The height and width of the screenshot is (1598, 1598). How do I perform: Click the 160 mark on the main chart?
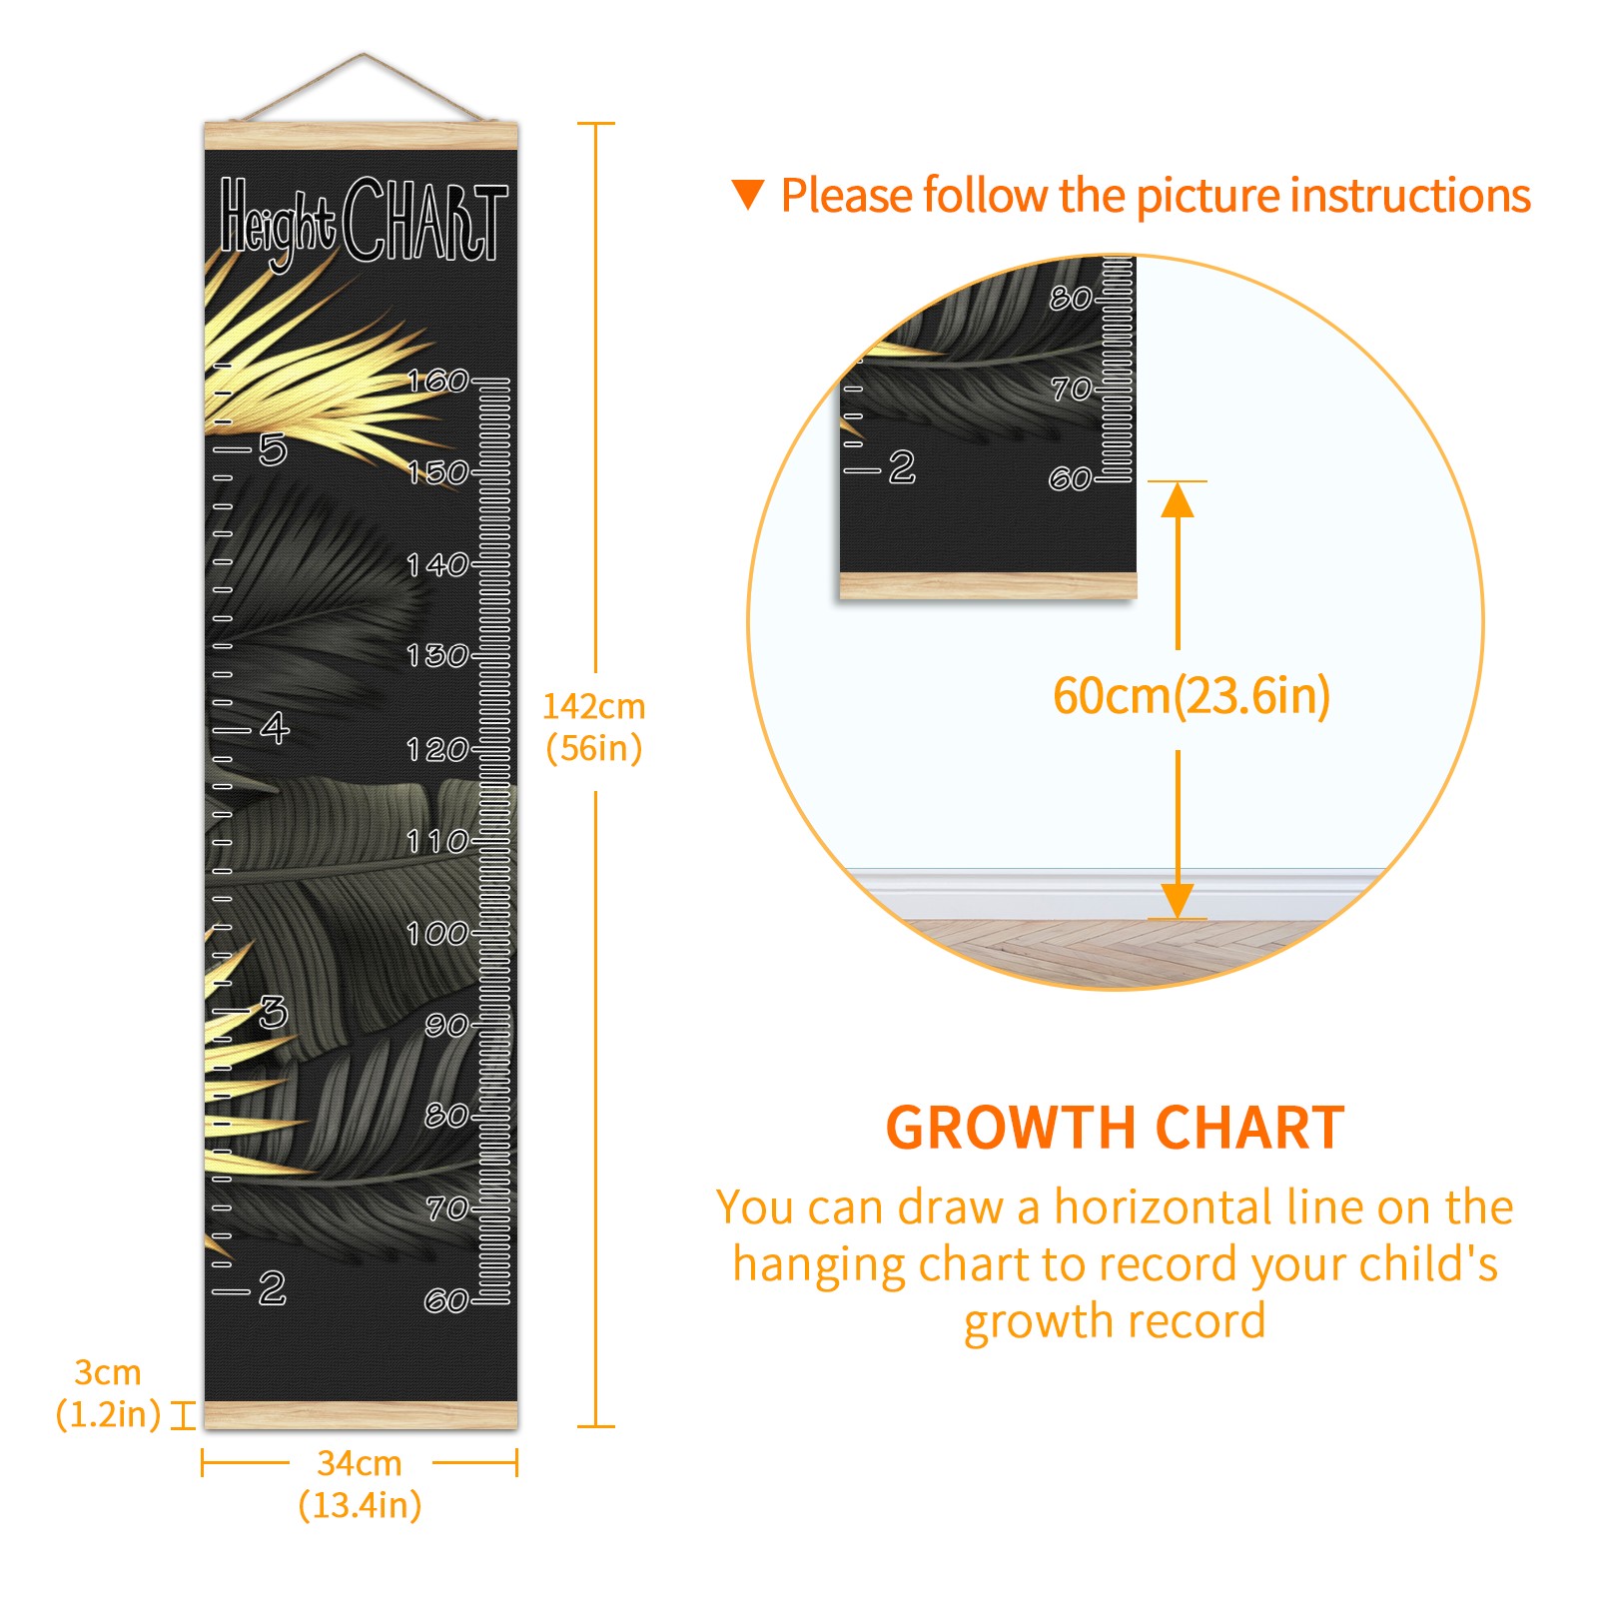(438, 381)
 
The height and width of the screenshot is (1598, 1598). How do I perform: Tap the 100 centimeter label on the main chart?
(437, 933)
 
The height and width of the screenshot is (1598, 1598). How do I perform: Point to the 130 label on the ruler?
(437, 655)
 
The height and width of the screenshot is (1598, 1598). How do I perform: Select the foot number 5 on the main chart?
(273, 449)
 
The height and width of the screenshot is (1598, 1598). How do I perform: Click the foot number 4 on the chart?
(275, 728)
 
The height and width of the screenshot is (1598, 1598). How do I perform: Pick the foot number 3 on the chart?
(273, 1012)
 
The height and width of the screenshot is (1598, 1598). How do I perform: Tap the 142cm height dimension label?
(593, 727)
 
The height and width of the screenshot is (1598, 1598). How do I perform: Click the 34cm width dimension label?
(360, 1484)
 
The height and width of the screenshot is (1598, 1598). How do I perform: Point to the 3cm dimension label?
(108, 1393)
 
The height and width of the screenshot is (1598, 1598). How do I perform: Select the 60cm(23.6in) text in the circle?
(1192, 695)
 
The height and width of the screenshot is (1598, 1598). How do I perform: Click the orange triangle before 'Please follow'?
(748, 194)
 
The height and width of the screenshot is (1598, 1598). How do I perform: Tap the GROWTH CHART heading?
(1116, 1128)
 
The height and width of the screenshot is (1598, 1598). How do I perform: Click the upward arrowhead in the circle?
(1178, 499)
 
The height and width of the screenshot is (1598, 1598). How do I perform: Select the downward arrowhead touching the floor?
(1178, 900)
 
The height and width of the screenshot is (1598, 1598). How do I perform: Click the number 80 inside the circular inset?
(1071, 298)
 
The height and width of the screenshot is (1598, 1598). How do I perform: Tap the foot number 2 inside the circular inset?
(902, 466)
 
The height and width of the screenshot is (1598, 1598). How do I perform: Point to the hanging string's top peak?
(364, 54)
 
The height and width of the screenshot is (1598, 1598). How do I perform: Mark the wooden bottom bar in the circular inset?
(988, 585)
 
